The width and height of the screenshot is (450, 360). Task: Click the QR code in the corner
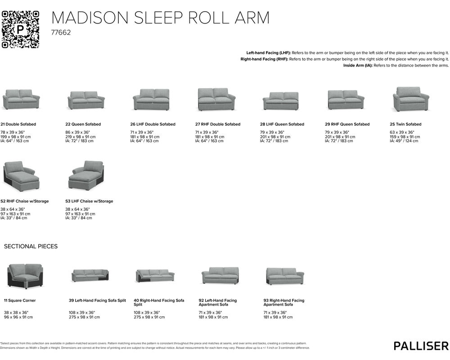point(21,29)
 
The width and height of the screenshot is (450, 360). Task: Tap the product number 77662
point(61,33)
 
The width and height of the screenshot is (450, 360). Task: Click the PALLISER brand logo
point(421,346)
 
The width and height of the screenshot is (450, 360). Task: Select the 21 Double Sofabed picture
point(21,99)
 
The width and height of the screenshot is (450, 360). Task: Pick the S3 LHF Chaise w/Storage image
point(86,176)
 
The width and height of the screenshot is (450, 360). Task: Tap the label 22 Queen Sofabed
point(83,124)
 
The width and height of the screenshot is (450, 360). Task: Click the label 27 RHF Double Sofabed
point(217,124)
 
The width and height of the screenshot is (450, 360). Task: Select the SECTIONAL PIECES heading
point(31,247)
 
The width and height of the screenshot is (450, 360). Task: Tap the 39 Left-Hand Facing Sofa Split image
point(90,275)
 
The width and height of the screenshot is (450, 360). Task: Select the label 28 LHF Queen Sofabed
point(282,124)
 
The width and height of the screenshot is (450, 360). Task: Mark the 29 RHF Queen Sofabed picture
point(346,100)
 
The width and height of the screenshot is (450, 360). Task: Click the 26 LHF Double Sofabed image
point(151,99)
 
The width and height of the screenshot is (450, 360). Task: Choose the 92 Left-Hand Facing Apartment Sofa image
point(220,275)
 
